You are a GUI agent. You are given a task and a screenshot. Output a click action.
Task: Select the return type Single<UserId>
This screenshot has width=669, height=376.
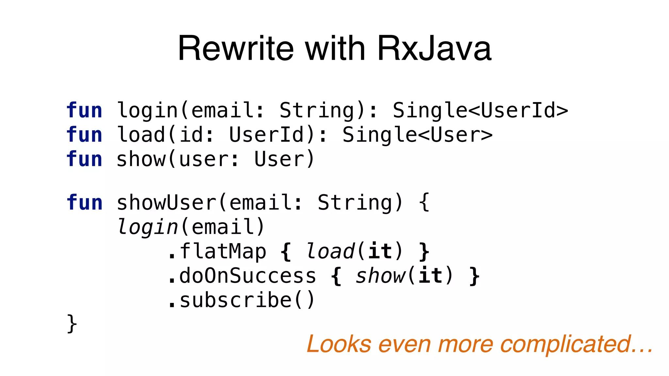point(480,110)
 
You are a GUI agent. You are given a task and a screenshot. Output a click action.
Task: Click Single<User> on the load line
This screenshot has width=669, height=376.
point(417,135)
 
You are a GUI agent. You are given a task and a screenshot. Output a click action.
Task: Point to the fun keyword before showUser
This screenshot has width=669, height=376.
point(84,203)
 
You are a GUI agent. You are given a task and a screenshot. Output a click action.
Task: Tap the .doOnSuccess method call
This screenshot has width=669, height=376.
point(242,276)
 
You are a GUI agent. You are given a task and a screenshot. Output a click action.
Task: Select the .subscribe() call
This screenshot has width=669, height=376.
point(241,300)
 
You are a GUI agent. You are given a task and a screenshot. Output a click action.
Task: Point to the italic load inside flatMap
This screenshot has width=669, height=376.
point(330,251)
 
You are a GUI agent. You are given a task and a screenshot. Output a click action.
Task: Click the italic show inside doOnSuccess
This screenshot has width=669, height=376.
point(380,276)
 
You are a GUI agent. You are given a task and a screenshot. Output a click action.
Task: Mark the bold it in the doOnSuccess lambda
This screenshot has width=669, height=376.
point(430,276)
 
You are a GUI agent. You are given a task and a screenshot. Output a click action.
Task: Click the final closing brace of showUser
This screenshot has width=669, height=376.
point(72,324)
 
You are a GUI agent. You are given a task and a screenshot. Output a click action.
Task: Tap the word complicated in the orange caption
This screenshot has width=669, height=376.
point(565,344)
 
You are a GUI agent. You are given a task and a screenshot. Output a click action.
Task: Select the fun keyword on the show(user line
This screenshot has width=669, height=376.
point(84,159)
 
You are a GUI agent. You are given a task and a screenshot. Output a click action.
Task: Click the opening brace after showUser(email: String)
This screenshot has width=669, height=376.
point(424,203)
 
